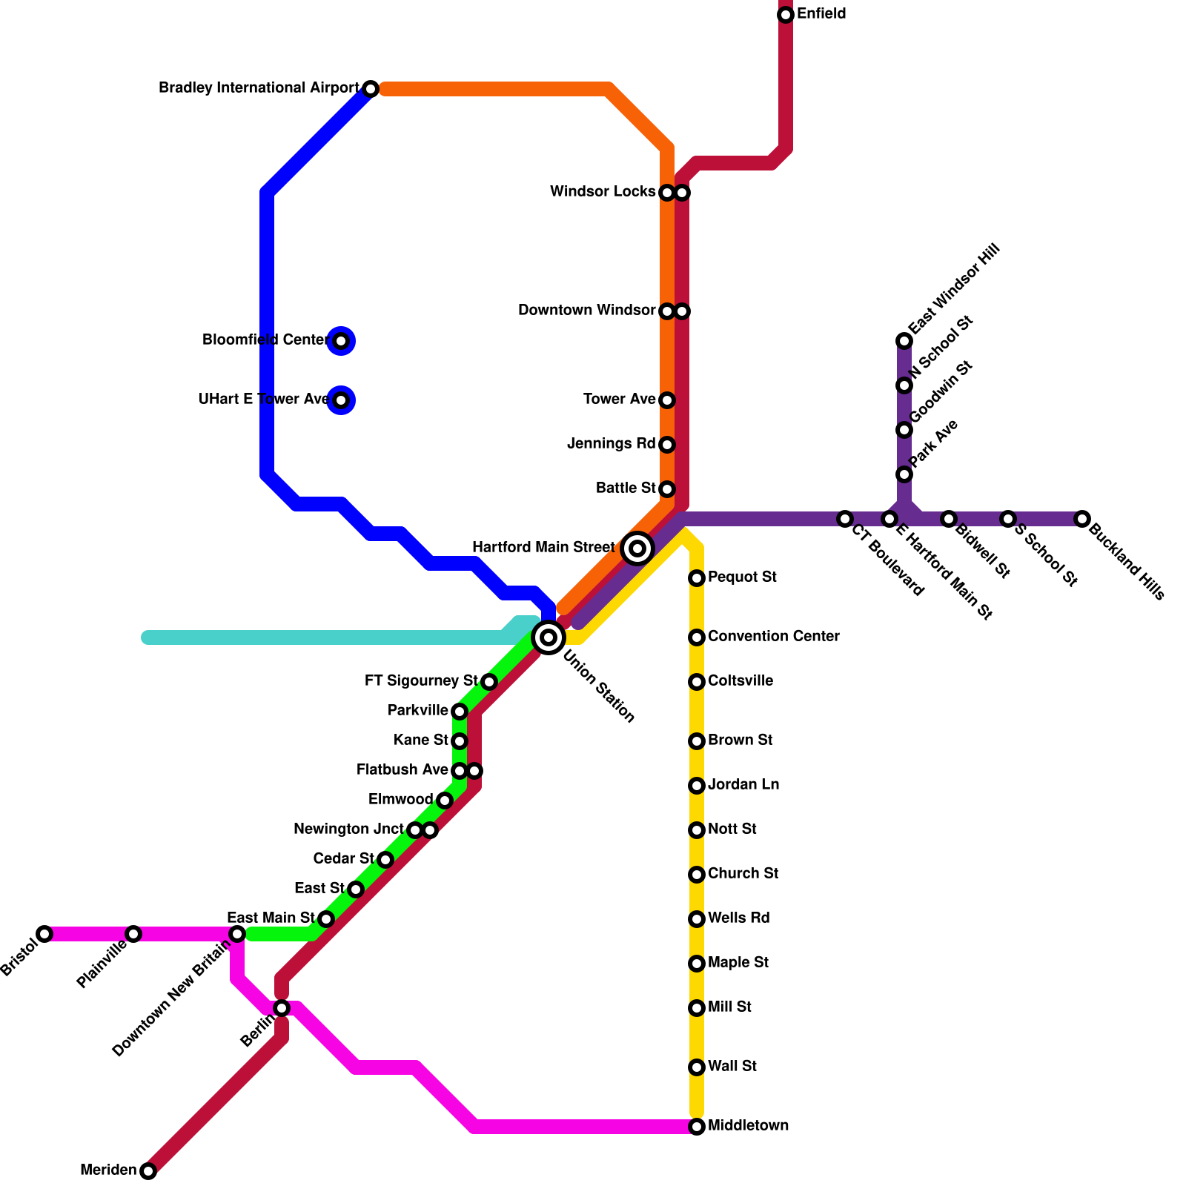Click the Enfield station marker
point(786,15)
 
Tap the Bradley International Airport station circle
point(371,89)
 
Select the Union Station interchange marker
point(549,637)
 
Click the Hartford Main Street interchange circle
point(637,549)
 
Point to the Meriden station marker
point(148,1171)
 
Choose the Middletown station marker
point(697,1127)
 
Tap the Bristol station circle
point(44,934)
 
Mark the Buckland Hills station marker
point(1082,519)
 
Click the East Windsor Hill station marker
point(904,341)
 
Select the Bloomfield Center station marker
point(341,341)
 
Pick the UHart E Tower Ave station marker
point(341,400)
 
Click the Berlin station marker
point(282,1008)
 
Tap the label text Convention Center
point(773,637)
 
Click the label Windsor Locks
point(603,192)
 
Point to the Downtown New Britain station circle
point(237,934)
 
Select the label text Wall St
point(732,1067)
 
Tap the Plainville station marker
point(133,934)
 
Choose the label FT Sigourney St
point(421,681)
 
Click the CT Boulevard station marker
point(845,519)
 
